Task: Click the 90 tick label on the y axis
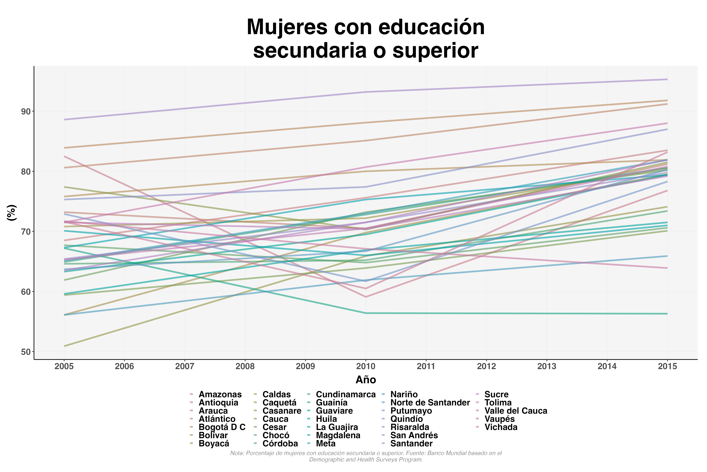[26, 111]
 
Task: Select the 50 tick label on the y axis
[26, 352]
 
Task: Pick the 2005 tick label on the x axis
[64, 366]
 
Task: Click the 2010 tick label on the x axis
[366, 366]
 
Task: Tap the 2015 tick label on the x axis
[667, 366]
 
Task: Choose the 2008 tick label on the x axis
[245, 366]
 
